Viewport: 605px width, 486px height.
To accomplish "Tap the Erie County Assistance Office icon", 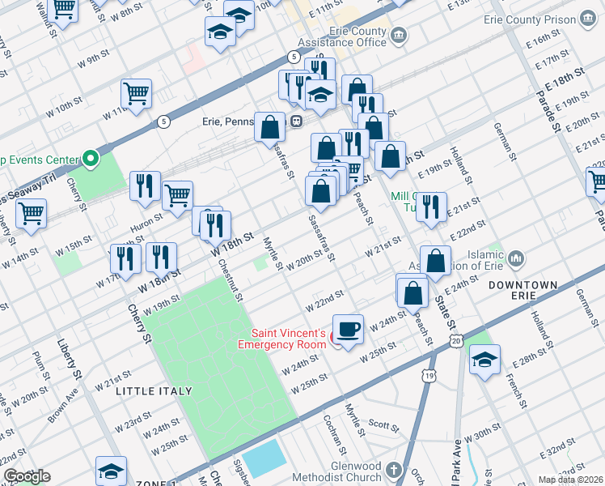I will pos(400,35).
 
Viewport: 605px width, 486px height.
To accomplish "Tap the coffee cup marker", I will pos(348,329).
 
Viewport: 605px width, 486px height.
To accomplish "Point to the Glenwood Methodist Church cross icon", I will pos(393,471).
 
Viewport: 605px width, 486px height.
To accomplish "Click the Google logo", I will pos(27,476).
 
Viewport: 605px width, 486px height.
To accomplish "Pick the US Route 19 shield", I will pos(427,373).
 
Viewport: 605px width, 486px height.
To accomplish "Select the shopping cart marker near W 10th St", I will pos(137,93).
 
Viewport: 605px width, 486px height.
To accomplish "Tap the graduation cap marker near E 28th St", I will pos(484,359).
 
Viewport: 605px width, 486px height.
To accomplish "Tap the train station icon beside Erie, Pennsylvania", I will pos(297,122).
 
